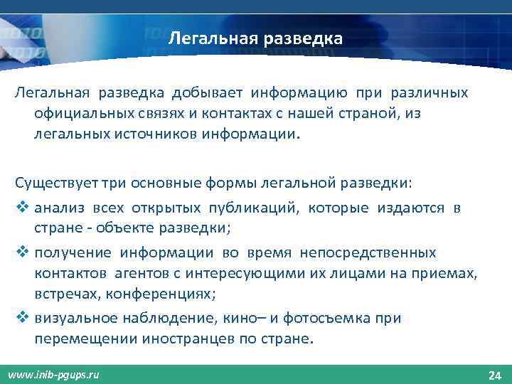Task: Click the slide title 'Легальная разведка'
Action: click(x=255, y=38)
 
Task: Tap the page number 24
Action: click(x=496, y=375)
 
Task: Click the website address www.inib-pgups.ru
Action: click(x=54, y=375)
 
